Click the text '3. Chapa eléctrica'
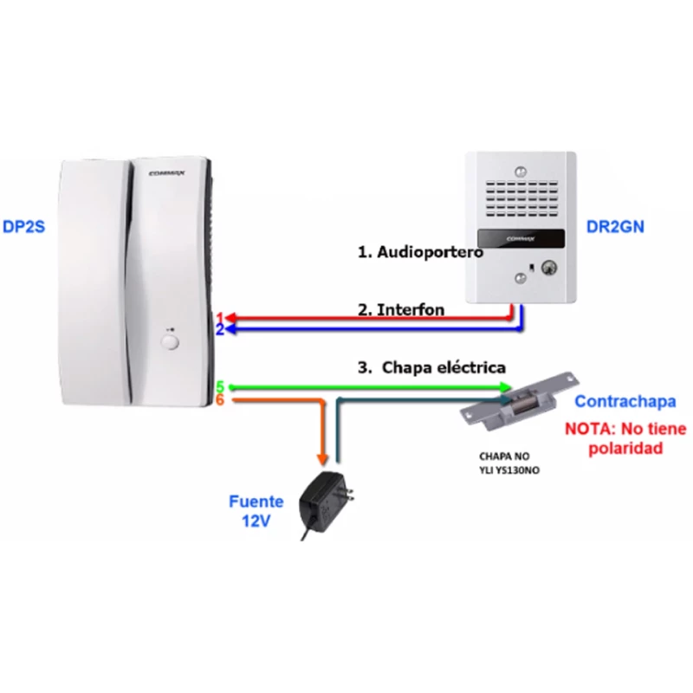pyautogui.click(x=431, y=366)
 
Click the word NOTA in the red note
pyautogui.click(x=590, y=429)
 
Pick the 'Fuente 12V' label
pyautogui.click(x=256, y=509)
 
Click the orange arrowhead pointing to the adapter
pyautogui.click(x=323, y=457)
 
